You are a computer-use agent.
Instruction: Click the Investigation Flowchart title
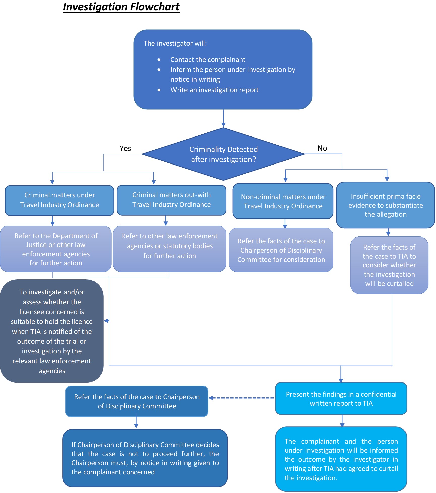121,7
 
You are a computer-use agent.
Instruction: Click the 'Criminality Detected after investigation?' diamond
223,154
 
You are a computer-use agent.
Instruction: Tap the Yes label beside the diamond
125,148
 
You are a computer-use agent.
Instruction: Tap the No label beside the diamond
322,148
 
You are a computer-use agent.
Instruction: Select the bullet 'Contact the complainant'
208,60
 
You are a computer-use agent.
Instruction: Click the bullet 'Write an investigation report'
214,90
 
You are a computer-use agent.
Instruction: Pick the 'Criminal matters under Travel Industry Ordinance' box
59,200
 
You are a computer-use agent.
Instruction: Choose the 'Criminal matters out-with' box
171,200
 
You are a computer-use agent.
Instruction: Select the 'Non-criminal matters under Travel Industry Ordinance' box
283,201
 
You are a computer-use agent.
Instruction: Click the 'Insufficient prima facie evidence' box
385,205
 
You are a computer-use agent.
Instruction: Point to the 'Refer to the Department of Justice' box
56,249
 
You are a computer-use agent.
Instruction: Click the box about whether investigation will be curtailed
389,265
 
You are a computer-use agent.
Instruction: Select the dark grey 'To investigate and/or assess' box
52,331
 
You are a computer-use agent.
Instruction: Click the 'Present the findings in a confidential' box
341,399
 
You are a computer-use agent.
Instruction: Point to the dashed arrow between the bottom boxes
242,398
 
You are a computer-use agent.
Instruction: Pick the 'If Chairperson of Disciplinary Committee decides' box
145,458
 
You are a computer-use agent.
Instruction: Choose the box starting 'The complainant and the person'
341,459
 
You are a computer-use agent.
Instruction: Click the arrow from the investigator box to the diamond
223,118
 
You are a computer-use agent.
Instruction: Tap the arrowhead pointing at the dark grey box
106,321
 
